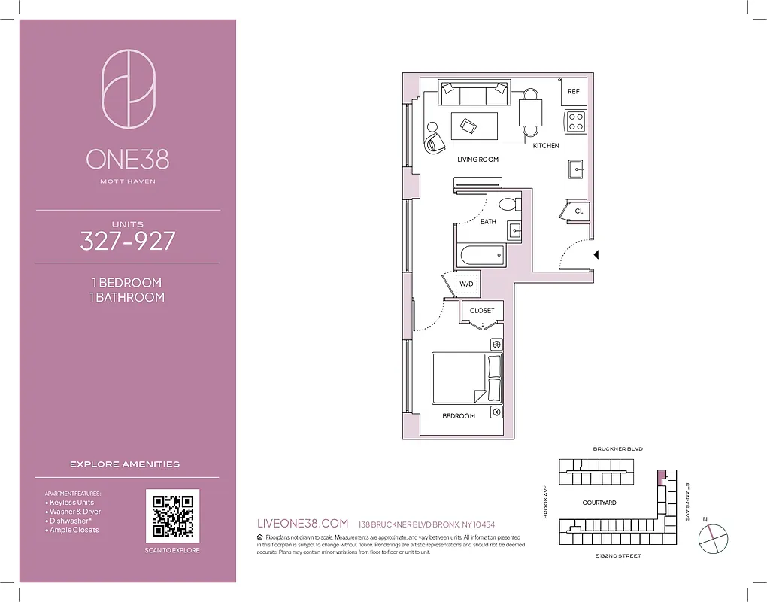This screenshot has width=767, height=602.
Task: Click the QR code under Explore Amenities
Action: [172, 515]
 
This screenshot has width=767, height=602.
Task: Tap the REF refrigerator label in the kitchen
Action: [574, 92]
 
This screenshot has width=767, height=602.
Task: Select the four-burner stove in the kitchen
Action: [576, 121]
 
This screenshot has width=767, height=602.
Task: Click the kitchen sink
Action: [577, 169]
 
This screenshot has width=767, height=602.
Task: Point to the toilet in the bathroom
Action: [508, 203]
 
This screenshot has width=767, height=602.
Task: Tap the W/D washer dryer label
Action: [466, 284]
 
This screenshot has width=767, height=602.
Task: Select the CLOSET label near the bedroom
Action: [482, 310]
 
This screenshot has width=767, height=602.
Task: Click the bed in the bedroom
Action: [467, 378]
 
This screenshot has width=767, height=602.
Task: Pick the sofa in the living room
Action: [474, 95]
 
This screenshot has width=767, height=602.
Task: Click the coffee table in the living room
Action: [474, 126]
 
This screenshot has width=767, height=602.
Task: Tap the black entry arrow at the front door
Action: [596, 255]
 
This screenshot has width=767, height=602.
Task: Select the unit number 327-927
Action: [128, 241]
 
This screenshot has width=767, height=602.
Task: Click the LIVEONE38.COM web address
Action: [302, 524]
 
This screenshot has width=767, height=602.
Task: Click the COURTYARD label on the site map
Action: [599, 503]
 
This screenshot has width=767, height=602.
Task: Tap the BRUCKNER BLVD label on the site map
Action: [617, 448]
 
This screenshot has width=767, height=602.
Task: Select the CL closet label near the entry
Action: [578, 211]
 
